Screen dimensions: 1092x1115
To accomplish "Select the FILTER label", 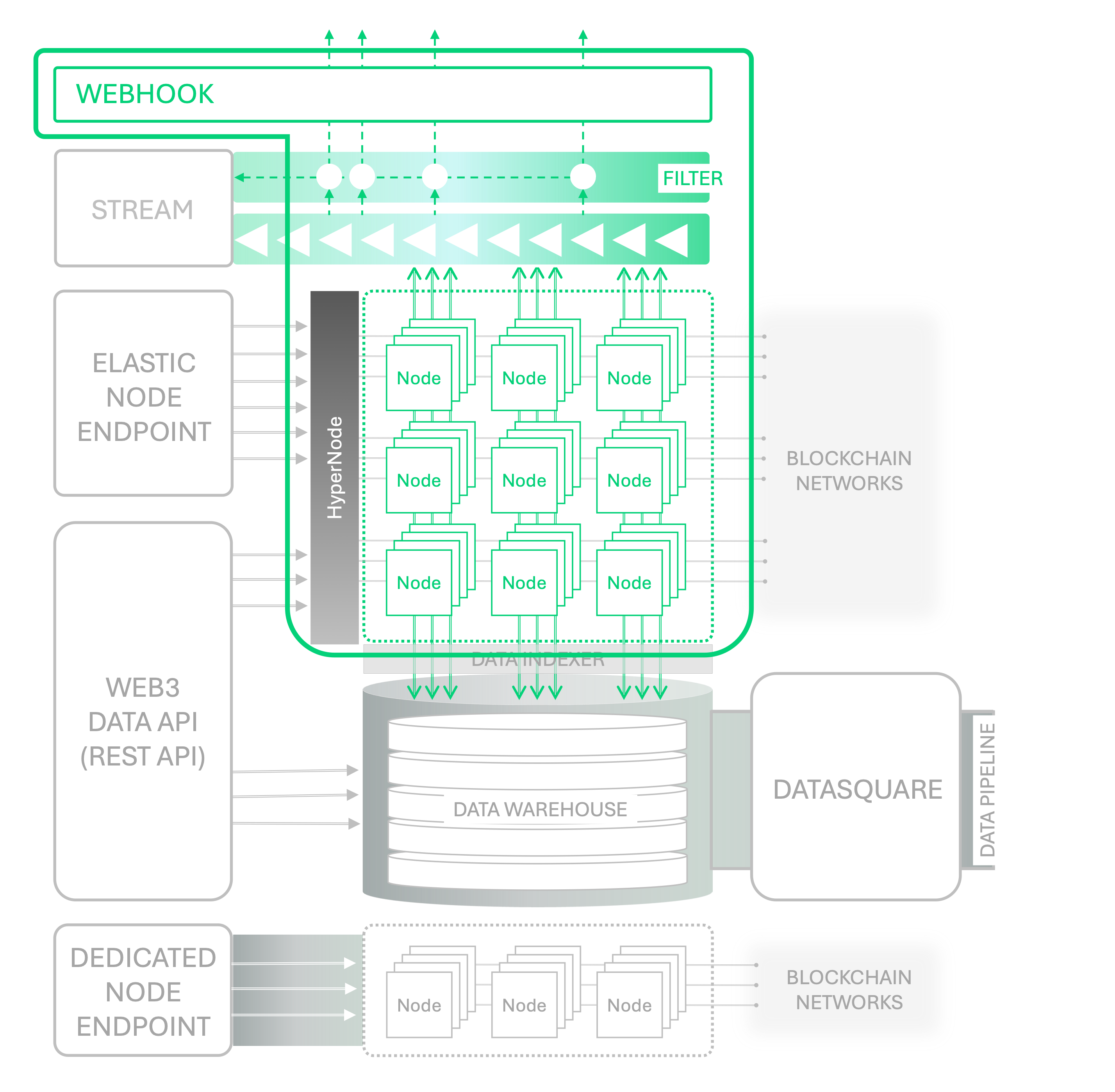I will (692, 178).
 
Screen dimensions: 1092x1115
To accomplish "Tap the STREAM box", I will (143, 209).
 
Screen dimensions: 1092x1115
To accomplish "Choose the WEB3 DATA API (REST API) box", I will (143, 721).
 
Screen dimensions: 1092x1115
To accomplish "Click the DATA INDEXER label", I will (537, 660).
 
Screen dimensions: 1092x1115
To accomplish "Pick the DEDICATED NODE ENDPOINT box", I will (143, 992).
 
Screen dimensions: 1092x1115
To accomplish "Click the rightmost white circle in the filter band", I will (583, 177).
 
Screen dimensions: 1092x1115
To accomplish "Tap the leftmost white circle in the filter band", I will (329, 177).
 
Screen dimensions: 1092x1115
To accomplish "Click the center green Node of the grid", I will (524, 480).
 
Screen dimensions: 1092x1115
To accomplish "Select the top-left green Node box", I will (419, 378).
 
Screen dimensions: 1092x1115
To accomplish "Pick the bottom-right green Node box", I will (629, 583).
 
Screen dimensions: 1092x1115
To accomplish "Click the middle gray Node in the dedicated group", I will (524, 1005).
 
